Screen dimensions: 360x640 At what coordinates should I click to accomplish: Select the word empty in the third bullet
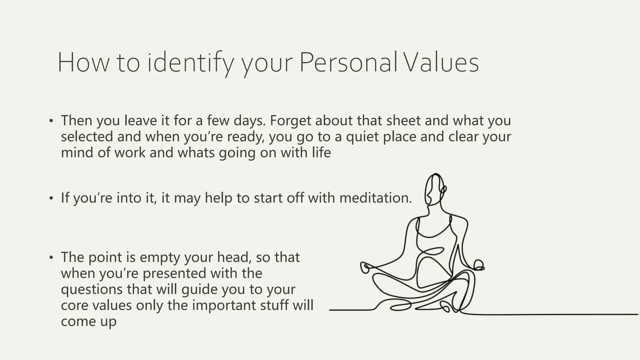pyautogui.click(x=160, y=257)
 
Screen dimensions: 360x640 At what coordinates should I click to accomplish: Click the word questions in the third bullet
pyautogui.click(x=92, y=290)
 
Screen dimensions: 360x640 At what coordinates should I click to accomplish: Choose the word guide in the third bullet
pyautogui.click(x=199, y=290)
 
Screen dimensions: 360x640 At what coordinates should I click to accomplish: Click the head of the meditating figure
pyautogui.click(x=434, y=189)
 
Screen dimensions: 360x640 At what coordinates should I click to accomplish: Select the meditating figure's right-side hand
pyautogui.click(x=478, y=265)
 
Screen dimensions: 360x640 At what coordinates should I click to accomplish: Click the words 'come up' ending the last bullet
pyautogui.click(x=88, y=322)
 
